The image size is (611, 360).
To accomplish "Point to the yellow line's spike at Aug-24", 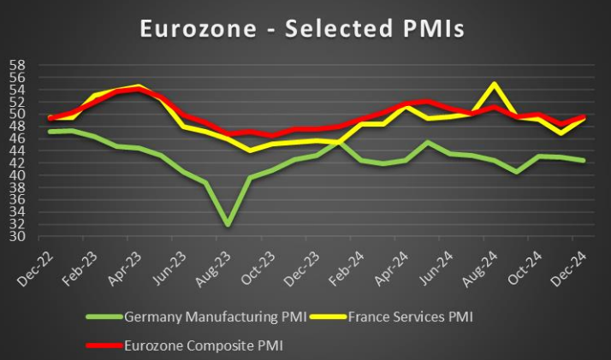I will [494, 84].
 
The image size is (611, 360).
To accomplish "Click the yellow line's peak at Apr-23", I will [139, 86].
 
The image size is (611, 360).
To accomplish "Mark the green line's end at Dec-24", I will [584, 160].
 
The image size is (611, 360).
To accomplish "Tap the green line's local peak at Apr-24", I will [427, 142].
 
